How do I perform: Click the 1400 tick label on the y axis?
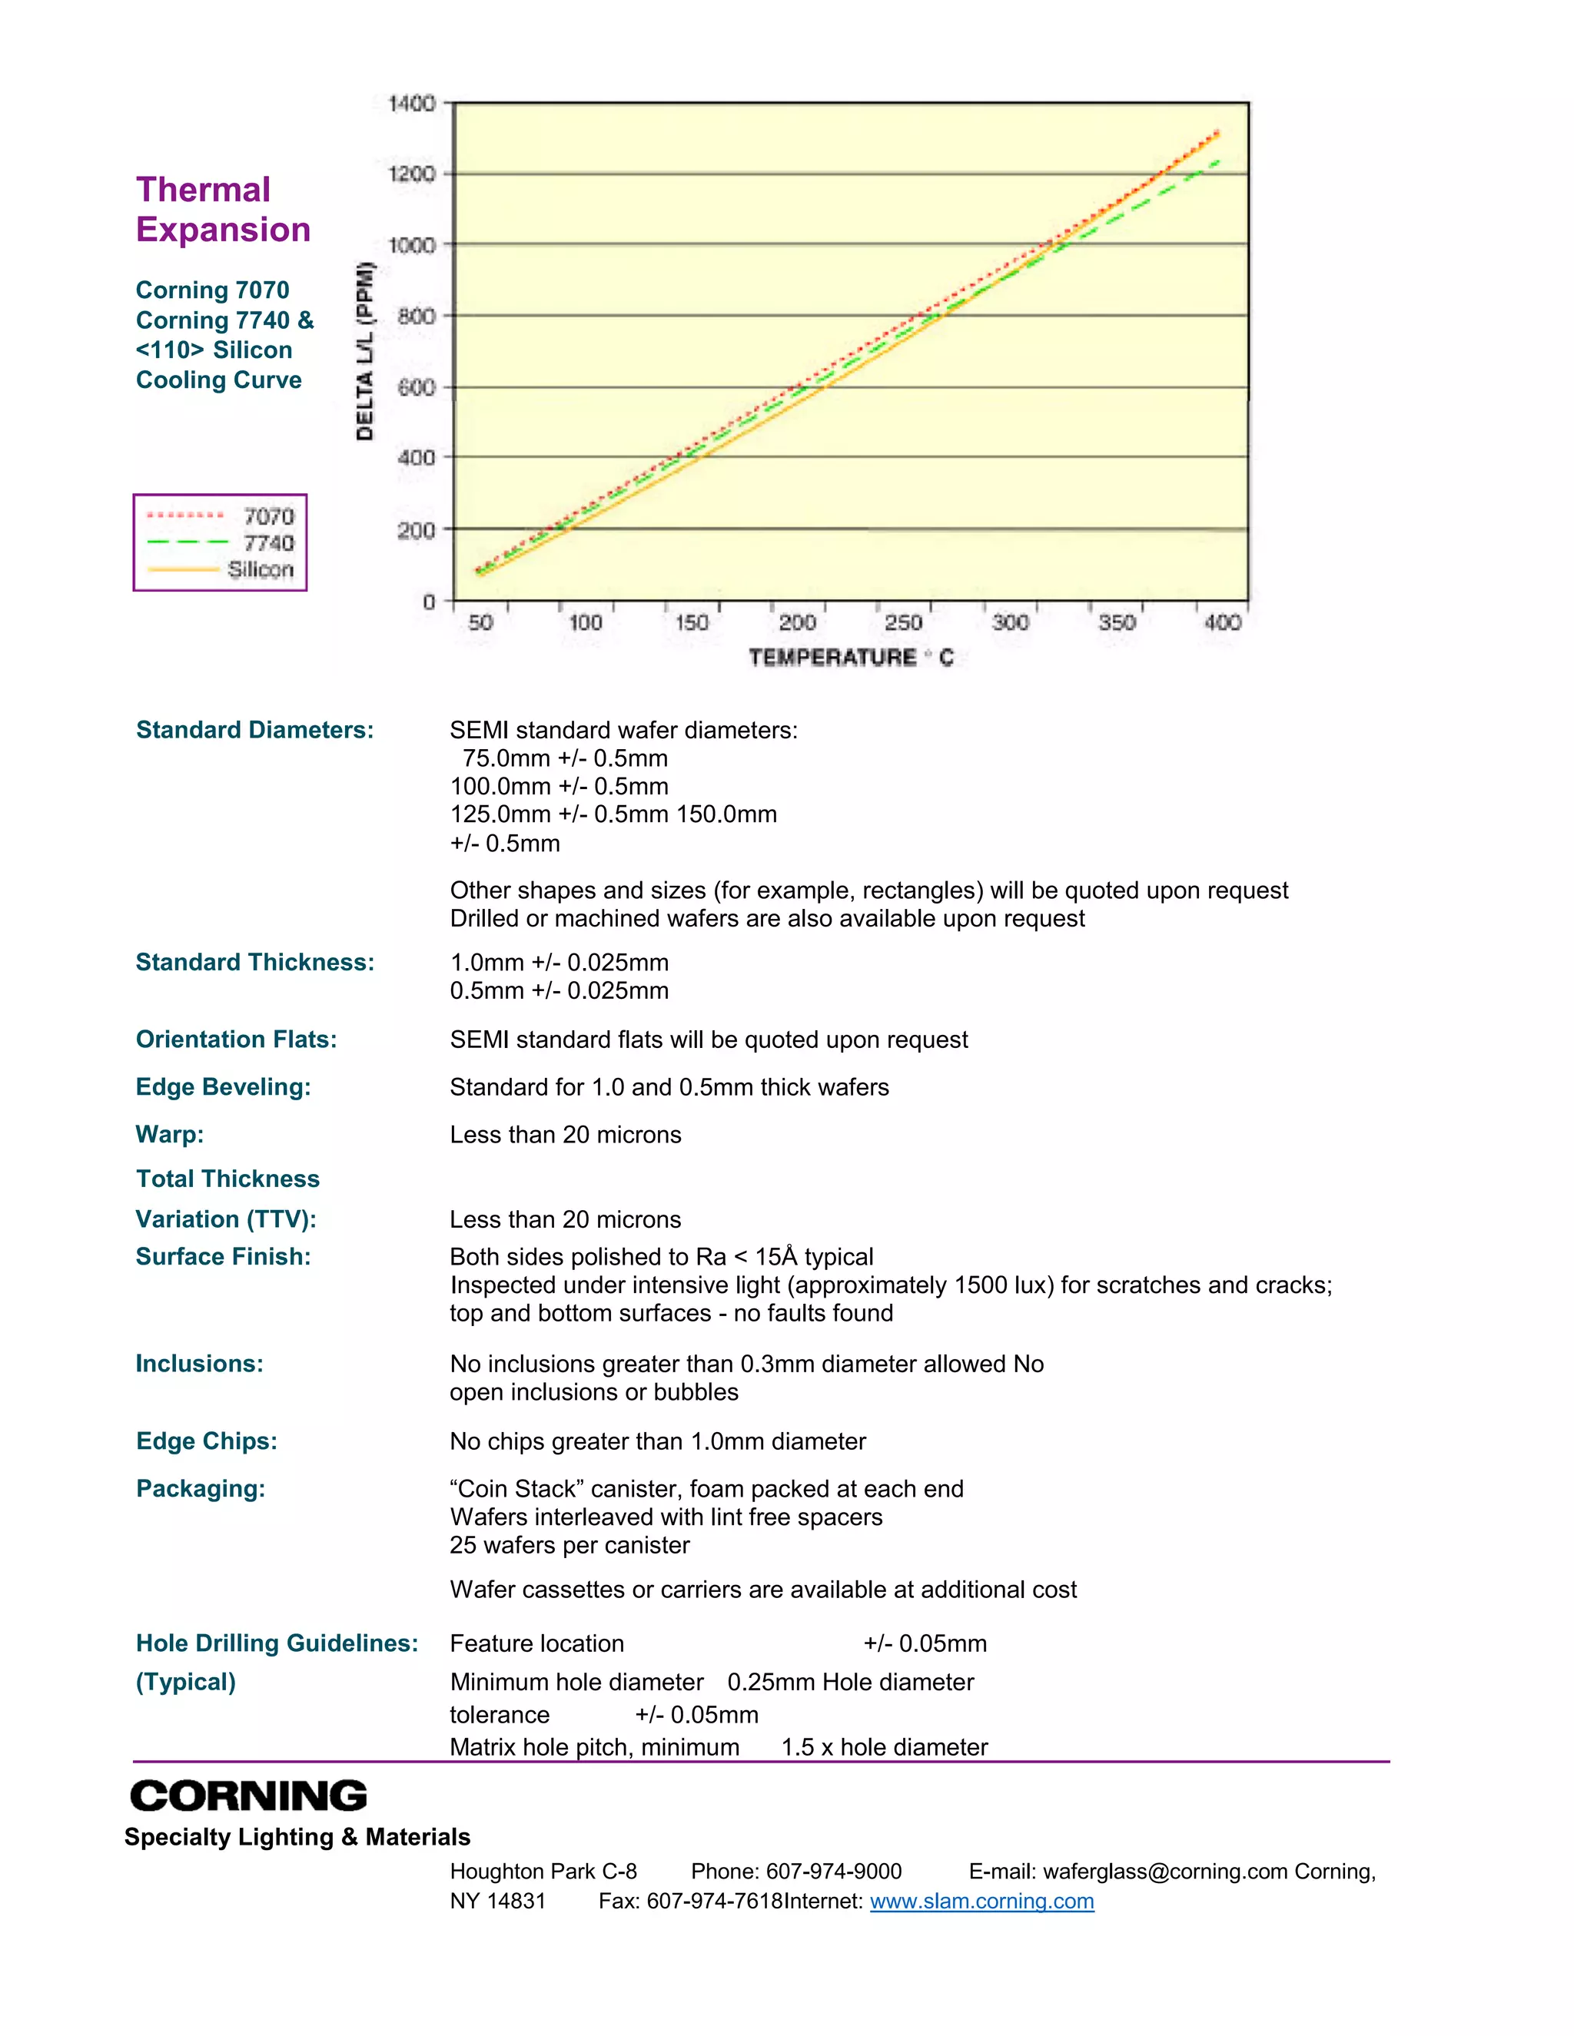click(411, 104)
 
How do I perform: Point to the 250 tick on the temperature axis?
click(902, 622)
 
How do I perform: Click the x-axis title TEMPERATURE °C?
click(851, 657)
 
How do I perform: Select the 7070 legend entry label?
click(268, 516)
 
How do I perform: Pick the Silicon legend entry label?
click(261, 569)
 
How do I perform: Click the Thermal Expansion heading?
click(223, 210)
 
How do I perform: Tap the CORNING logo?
click(248, 1796)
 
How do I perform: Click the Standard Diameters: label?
click(254, 730)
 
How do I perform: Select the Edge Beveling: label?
click(223, 1087)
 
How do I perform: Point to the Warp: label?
click(170, 1135)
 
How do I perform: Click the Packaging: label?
click(201, 1489)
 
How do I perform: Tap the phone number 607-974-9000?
click(834, 1871)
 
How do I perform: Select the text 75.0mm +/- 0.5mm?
click(565, 758)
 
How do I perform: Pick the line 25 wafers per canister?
click(569, 1545)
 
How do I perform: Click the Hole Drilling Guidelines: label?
click(277, 1643)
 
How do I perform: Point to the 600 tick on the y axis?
click(416, 388)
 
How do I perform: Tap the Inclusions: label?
click(200, 1364)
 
